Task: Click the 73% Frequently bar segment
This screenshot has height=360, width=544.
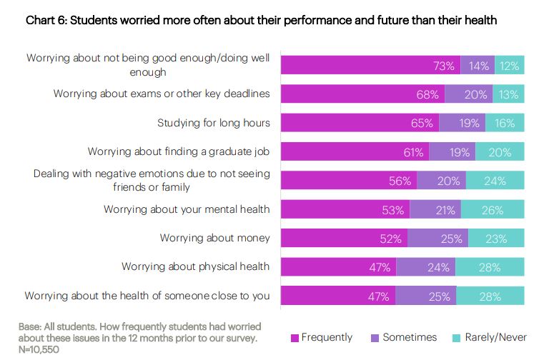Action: pyautogui.click(x=370, y=65)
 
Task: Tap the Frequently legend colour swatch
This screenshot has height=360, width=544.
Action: pyautogui.click(x=295, y=337)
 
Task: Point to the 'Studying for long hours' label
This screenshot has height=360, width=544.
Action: pyautogui.click(x=214, y=123)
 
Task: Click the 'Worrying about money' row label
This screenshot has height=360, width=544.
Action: pyautogui.click(x=215, y=237)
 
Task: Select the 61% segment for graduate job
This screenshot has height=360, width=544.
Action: pyautogui.click(x=355, y=151)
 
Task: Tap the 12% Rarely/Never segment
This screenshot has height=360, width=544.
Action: pyautogui.click(x=510, y=65)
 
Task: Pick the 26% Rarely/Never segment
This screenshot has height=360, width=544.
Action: pyautogui.click(x=493, y=209)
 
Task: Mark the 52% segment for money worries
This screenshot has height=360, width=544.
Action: pyautogui.click(x=344, y=238)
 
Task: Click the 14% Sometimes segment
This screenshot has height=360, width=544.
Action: pyautogui.click(x=478, y=65)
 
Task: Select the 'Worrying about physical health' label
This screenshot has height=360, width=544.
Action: pyautogui.click(x=195, y=266)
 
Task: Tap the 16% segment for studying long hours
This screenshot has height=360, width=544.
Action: pyautogui.click(x=505, y=123)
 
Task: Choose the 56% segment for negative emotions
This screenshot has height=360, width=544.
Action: pyautogui.click(x=349, y=180)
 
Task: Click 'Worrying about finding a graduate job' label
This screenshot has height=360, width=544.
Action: pyautogui.click(x=179, y=151)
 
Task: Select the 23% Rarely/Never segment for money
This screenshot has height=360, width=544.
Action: pyautogui.click(x=496, y=238)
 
